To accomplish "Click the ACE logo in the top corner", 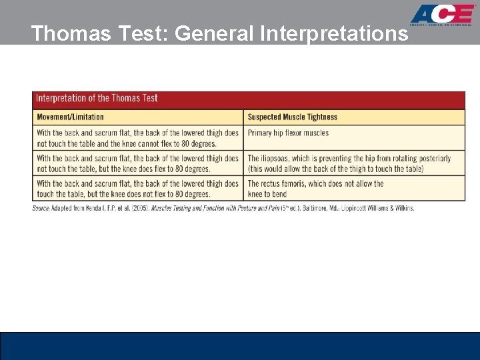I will pyautogui.click(x=443, y=15).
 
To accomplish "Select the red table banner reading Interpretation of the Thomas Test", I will pyautogui.click(x=249, y=99).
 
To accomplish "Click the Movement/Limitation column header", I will pyautogui.click(x=70, y=117).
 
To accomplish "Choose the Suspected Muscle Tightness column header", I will pyautogui.click(x=292, y=117).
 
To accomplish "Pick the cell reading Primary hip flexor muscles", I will pyautogui.click(x=288, y=133).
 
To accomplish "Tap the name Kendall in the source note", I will pyautogui.click(x=86, y=208).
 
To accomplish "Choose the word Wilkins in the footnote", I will pyautogui.click(x=401, y=208).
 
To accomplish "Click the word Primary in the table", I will pyautogui.click(x=260, y=133).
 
